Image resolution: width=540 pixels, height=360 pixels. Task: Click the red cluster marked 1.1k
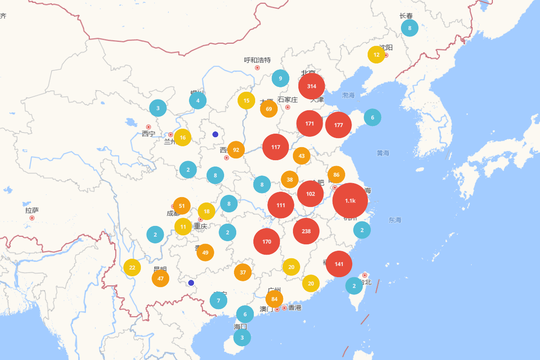(350, 201)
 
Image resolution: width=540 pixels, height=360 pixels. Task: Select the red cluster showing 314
(311, 86)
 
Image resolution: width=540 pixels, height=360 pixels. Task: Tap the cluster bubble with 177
(338, 125)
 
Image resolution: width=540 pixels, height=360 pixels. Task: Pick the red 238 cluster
(306, 231)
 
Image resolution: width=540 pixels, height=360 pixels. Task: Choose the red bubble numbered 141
(339, 264)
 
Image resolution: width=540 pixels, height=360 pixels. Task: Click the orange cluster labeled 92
(236, 150)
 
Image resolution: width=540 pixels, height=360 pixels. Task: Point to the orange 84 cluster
(274, 299)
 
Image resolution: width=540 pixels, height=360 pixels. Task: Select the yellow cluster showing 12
(376, 55)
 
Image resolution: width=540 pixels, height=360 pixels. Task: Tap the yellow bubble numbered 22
(132, 267)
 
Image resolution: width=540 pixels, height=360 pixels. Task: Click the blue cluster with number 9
(280, 78)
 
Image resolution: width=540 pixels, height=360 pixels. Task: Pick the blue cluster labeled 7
(218, 301)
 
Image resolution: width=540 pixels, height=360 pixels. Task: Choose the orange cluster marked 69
(269, 109)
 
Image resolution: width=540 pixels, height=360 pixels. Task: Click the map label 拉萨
(32, 210)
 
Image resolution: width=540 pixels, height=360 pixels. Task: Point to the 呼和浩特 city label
(257, 60)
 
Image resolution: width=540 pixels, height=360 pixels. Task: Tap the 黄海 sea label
(383, 153)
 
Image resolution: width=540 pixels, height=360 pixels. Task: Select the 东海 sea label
(395, 220)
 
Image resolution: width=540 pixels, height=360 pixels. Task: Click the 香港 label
(295, 308)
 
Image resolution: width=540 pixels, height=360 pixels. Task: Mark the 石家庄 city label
(288, 99)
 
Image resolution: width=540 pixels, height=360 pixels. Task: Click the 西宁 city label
(148, 134)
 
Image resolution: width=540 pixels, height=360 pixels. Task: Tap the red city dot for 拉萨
(32, 218)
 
